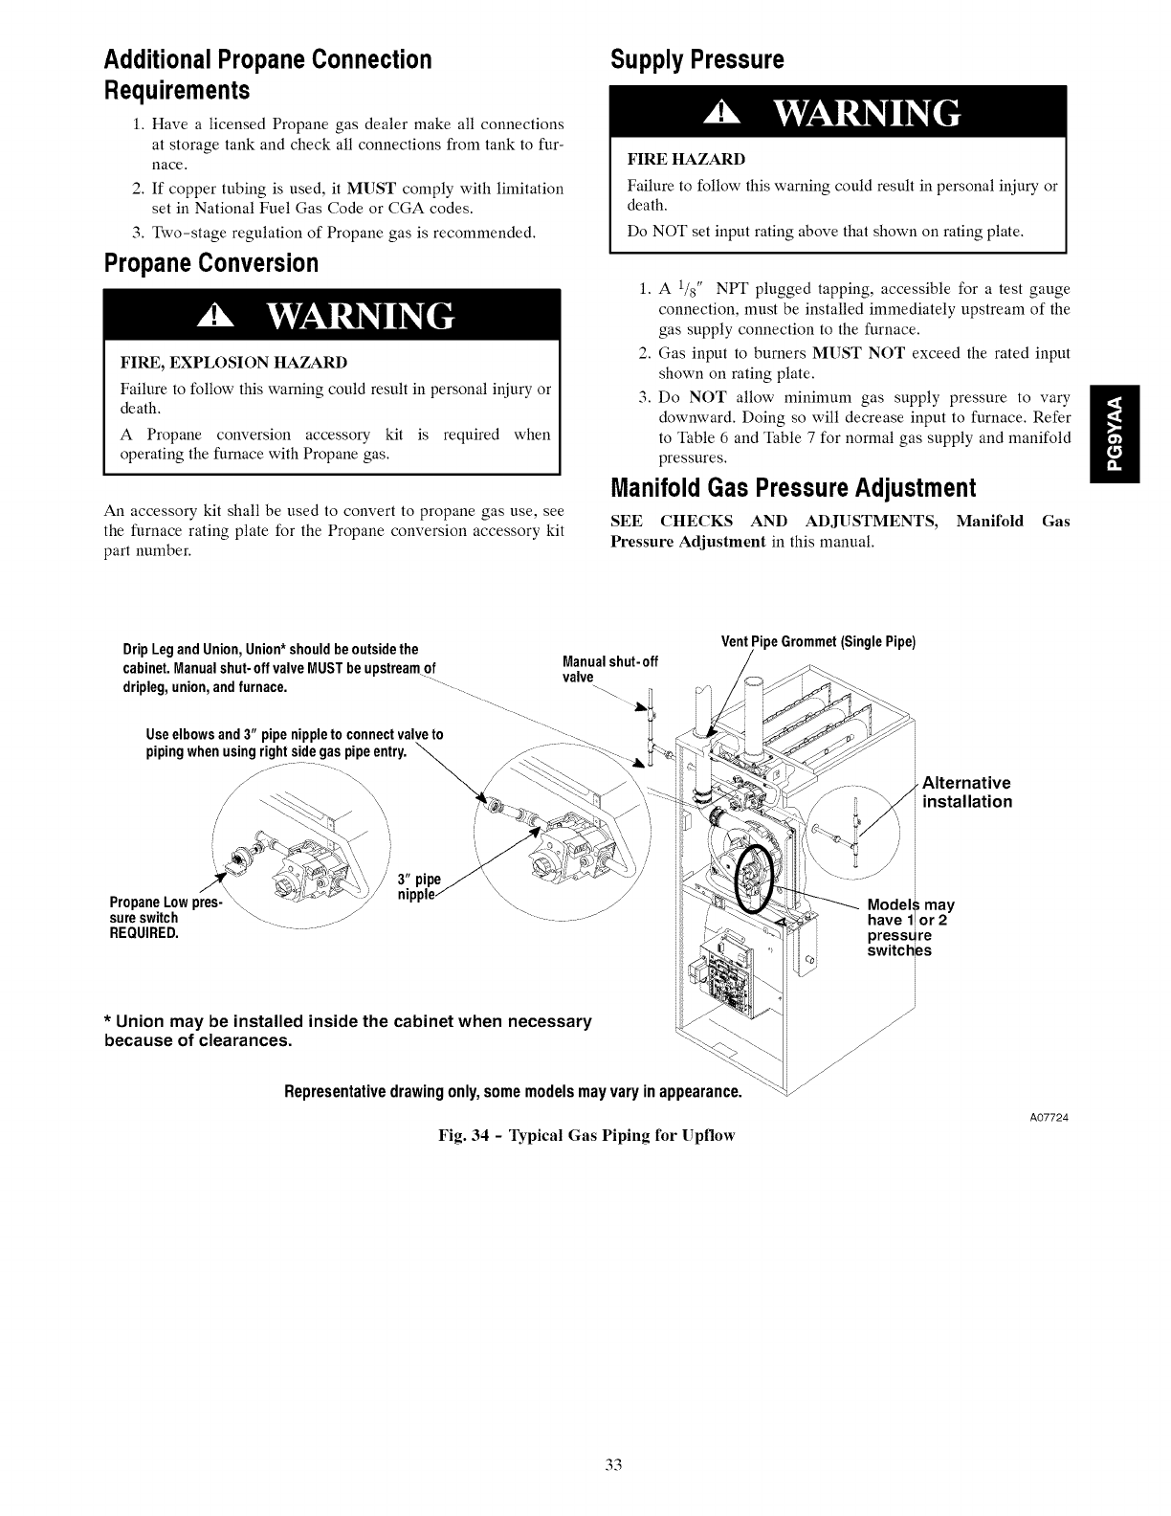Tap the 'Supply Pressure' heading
697,60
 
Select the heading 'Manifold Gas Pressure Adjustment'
793,489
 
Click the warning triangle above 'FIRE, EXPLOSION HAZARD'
210,317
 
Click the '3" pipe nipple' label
418,887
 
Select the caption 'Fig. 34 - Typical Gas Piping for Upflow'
585,1135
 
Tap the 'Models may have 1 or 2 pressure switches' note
910,927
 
